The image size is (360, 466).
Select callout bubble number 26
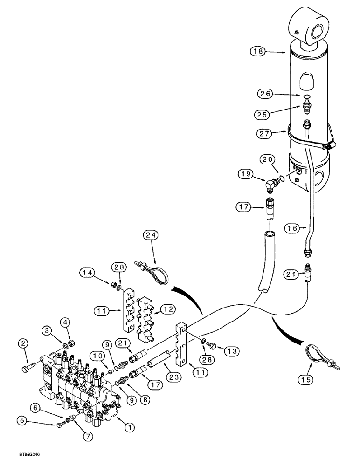tap(265, 94)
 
